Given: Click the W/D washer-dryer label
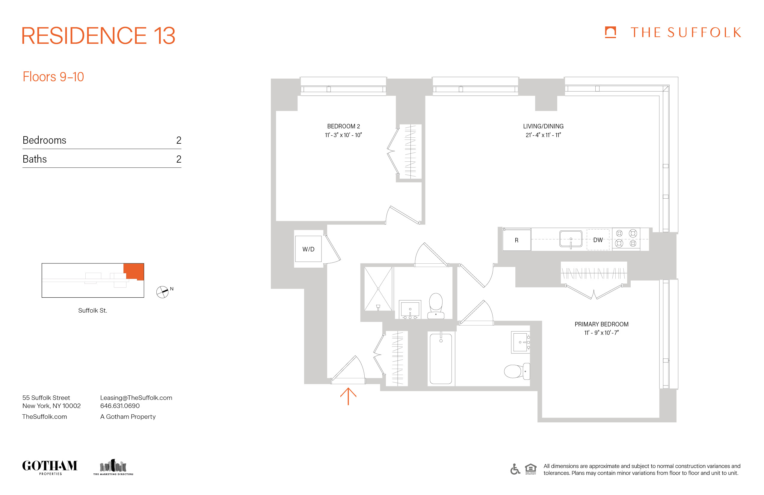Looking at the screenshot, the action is (x=308, y=249).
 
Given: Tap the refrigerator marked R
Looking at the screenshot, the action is (x=516, y=240).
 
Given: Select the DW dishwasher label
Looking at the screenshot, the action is (x=598, y=240).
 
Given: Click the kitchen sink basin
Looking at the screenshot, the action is (x=571, y=239).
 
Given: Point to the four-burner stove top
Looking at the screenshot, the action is (x=626, y=238).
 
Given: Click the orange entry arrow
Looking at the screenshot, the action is (x=348, y=396).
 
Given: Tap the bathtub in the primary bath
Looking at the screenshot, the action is (x=441, y=359).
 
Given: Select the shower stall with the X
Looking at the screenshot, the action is (x=378, y=289).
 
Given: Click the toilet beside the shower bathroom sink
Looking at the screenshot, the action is (x=436, y=306).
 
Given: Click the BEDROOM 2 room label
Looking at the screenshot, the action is (x=343, y=126).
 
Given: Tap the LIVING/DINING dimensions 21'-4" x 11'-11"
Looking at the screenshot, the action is (x=543, y=135).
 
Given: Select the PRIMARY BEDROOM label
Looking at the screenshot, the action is (x=601, y=324).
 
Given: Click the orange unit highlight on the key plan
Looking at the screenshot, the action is (x=134, y=271).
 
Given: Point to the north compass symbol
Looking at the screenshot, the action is (x=162, y=292).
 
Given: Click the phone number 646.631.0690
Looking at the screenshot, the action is (x=120, y=406).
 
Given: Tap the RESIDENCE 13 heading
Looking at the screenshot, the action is (x=98, y=36).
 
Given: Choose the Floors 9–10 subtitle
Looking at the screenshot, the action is (x=53, y=77).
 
